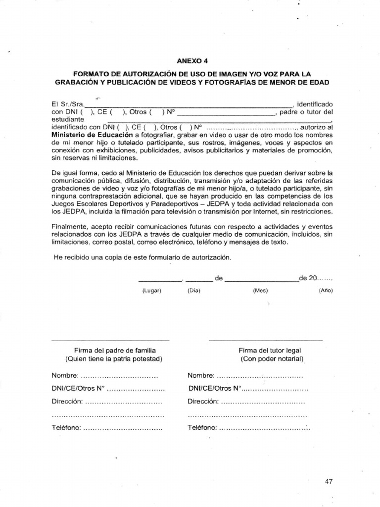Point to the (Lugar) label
point(152,291)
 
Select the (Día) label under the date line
point(193,291)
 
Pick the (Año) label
point(326,291)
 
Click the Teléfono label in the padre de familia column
point(66,427)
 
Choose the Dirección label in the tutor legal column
point(203,402)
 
